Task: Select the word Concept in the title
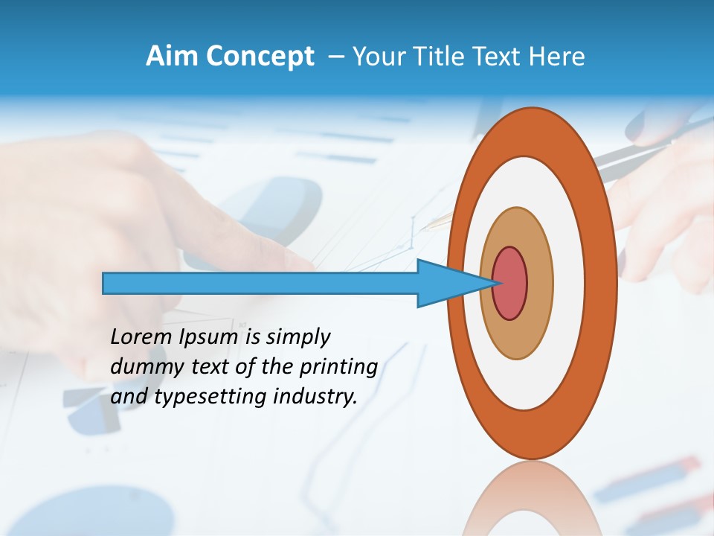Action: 260,57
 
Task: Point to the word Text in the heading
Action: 502,57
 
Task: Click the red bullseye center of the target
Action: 510,284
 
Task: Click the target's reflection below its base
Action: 532,499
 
